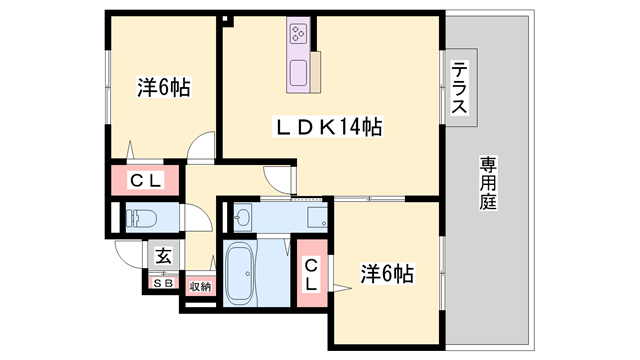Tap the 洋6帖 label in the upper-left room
(x=163, y=87)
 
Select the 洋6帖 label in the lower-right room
(x=387, y=272)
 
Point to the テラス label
(x=460, y=88)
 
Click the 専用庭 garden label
(x=488, y=181)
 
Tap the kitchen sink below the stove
(x=299, y=72)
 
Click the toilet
(x=138, y=218)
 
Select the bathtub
(x=242, y=273)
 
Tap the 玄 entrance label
(x=164, y=256)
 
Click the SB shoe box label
(x=163, y=283)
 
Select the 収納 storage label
(x=199, y=287)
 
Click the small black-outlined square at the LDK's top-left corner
(x=226, y=18)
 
